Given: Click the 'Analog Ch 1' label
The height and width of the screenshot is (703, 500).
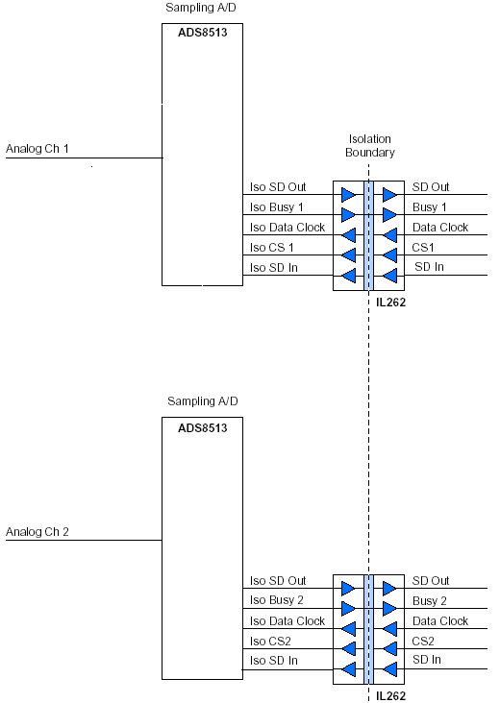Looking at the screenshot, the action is pos(37,149).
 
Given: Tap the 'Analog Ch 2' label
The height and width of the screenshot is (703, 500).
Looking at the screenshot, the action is pos(37,532).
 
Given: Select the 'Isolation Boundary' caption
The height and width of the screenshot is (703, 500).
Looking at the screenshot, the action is pos(370,146).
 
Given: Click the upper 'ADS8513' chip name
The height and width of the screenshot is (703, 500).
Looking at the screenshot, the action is pos(203,33).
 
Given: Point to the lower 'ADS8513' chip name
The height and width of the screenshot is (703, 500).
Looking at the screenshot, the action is pos(203,428).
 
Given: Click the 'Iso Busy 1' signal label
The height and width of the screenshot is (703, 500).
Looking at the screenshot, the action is pos(277,207).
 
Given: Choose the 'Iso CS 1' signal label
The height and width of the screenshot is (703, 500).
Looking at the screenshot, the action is pos(271,248).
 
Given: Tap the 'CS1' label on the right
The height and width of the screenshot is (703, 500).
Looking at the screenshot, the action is pos(423,248).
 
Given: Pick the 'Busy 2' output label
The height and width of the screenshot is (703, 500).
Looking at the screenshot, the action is pos(430,601).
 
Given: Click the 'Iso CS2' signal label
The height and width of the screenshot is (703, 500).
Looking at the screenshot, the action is pos(270,642).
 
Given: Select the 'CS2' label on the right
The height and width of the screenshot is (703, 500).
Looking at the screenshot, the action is pos(423,642).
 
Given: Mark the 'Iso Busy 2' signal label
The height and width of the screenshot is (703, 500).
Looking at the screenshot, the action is pos(277,600).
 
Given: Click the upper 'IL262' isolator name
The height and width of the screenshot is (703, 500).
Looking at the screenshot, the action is pos(390,303).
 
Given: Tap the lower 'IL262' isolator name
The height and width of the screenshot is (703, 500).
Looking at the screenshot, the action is pos(390,696).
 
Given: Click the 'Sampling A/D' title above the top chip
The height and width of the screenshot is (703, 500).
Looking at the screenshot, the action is pos(201,8).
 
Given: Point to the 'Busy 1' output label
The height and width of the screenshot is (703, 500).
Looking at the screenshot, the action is pos(430,207).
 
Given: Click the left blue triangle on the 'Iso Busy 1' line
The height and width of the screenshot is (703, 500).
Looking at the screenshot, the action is pos(348,215).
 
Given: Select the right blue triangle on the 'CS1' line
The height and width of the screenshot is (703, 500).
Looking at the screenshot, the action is pos(390,255).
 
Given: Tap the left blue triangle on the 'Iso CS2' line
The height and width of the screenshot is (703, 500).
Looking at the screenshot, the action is pos(348,649).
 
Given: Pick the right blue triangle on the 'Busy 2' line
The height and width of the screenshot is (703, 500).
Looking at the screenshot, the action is pos(389,608).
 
